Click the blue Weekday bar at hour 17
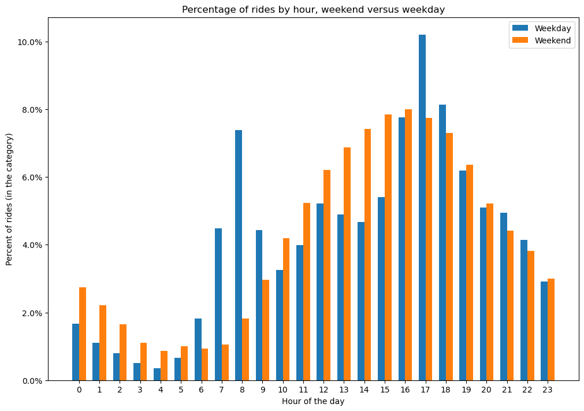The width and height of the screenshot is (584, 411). (422, 208)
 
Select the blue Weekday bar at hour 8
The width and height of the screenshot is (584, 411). (239, 255)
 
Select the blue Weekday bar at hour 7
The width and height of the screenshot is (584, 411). (218, 304)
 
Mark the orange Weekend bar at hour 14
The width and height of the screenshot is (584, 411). (368, 254)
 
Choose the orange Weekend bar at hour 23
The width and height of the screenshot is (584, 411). (551, 329)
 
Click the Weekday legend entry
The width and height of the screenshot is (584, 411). (541, 28)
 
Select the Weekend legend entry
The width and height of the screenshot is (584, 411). (541, 40)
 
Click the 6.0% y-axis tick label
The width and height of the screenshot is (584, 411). (32, 177)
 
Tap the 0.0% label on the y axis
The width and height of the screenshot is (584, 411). (32, 380)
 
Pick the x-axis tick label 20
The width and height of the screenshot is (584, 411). (486, 390)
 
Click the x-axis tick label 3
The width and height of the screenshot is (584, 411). (140, 390)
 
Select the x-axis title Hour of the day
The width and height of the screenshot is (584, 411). (313, 401)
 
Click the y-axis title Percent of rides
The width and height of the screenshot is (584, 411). (10, 199)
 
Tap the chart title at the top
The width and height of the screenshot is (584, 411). (313, 9)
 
